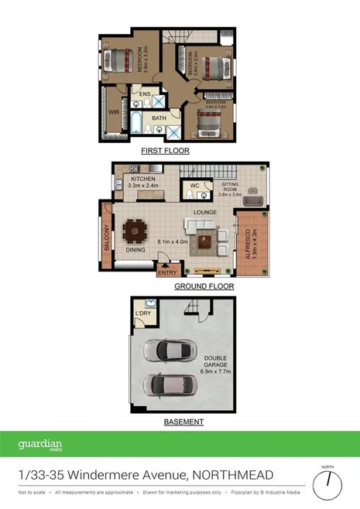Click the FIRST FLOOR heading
click(x=164, y=152)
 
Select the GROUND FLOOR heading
click(x=204, y=286)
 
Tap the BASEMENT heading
click(x=183, y=422)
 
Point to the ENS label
click(x=144, y=95)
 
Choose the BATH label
click(x=159, y=118)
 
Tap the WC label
click(x=195, y=186)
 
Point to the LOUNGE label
click(x=204, y=211)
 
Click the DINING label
click(x=135, y=249)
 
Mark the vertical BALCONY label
click(x=107, y=237)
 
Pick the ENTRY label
click(x=166, y=272)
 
